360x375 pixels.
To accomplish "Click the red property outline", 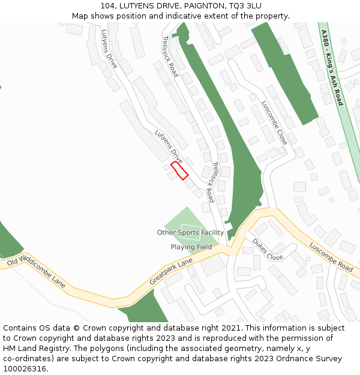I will pyautogui.click(x=179, y=170).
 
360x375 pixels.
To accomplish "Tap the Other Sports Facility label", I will pyautogui.click(x=190, y=233).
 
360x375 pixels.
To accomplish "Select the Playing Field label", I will pyautogui.click(x=191, y=247).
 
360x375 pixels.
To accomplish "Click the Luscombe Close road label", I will pyautogui.click(x=274, y=122).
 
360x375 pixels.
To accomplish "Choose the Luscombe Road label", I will pyautogui.click(x=331, y=257).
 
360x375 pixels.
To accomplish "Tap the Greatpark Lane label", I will pyautogui.click(x=171, y=271).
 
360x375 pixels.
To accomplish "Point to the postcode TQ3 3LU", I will pyautogui.click(x=245, y=6).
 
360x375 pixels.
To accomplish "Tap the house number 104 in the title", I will pyautogui.click(x=116, y=6).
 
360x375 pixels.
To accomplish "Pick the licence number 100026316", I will pyautogui.click(x=25, y=369).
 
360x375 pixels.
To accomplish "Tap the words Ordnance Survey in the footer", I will pyautogui.click(x=311, y=359).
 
